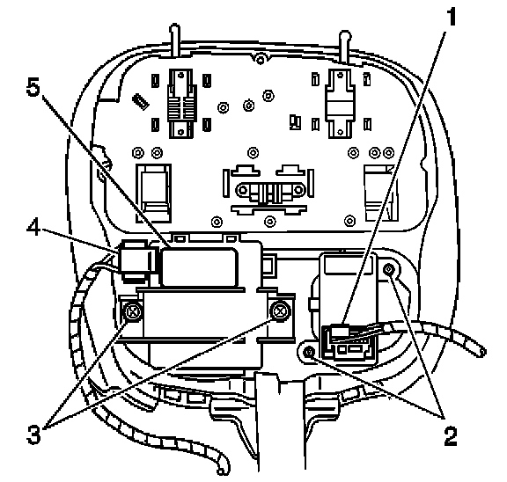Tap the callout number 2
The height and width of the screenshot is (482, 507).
451,435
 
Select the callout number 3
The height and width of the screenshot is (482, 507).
34,434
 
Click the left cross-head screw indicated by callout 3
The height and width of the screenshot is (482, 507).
133,312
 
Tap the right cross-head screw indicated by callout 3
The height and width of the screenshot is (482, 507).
280,311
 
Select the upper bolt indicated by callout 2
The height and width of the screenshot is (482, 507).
389,269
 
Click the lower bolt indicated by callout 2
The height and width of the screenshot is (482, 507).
310,351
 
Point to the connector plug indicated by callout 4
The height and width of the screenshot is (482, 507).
136,259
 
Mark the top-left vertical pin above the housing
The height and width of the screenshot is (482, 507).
175,40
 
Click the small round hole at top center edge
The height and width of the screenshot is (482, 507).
260,60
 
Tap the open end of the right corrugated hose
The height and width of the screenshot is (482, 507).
481,351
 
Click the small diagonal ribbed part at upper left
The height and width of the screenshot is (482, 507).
142,101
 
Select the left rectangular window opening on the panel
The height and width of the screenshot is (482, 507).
153,194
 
